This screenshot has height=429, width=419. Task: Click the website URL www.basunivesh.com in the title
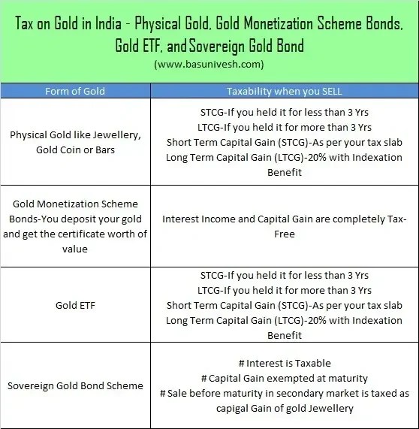coord(209,64)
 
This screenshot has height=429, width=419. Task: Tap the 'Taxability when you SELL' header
coord(284,91)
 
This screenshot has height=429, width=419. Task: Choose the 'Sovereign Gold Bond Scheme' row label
coord(75,385)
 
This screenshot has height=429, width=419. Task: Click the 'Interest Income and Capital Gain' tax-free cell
coord(284,226)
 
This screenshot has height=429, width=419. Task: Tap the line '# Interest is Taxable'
coord(284,363)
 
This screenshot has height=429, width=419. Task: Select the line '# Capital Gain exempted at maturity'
coord(284,378)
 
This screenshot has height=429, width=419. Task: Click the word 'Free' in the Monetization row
coord(284,234)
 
